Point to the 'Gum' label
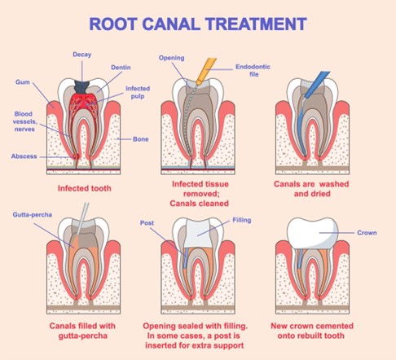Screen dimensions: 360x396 22,82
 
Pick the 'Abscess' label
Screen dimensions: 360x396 24,156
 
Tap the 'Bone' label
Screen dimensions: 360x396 139,138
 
